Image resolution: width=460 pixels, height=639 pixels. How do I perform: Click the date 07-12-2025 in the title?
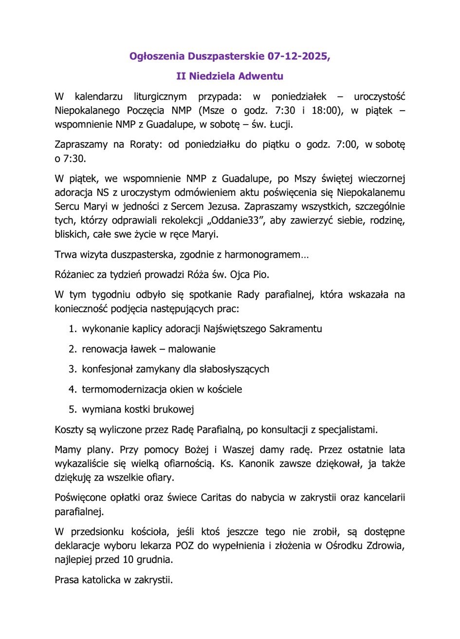pyautogui.click(x=298, y=56)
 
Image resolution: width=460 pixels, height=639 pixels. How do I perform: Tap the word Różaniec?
pyautogui.click(x=74, y=274)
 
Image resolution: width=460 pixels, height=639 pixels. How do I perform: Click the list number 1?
pyautogui.click(x=72, y=329)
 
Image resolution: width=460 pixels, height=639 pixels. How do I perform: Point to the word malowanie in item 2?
pyautogui.click(x=192, y=349)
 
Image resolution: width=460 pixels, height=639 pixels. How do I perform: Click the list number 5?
pyautogui.click(x=72, y=410)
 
